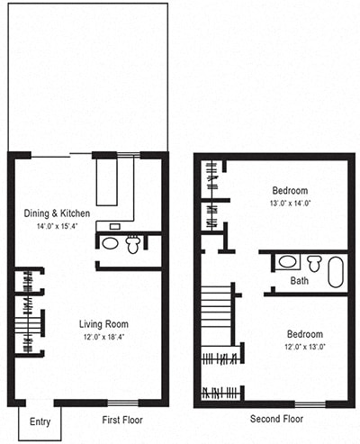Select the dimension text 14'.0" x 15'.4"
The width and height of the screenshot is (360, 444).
click(x=58, y=226)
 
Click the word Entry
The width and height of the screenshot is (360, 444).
click(x=40, y=422)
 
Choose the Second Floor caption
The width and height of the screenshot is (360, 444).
click(x=276, y=420)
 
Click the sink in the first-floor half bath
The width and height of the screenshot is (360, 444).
click(x=111, y=243)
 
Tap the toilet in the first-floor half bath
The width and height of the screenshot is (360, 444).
click(x=133, y=242)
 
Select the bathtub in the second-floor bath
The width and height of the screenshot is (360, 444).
click(x=335, y=271)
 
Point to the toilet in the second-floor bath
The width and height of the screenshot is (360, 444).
click(x=313, y=263)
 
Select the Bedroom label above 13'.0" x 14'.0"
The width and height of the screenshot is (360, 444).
click(x=290, y=191)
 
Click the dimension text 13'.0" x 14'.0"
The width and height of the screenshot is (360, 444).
click(x=290, y=204)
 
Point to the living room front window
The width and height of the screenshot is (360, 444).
click(x=121, y=402)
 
